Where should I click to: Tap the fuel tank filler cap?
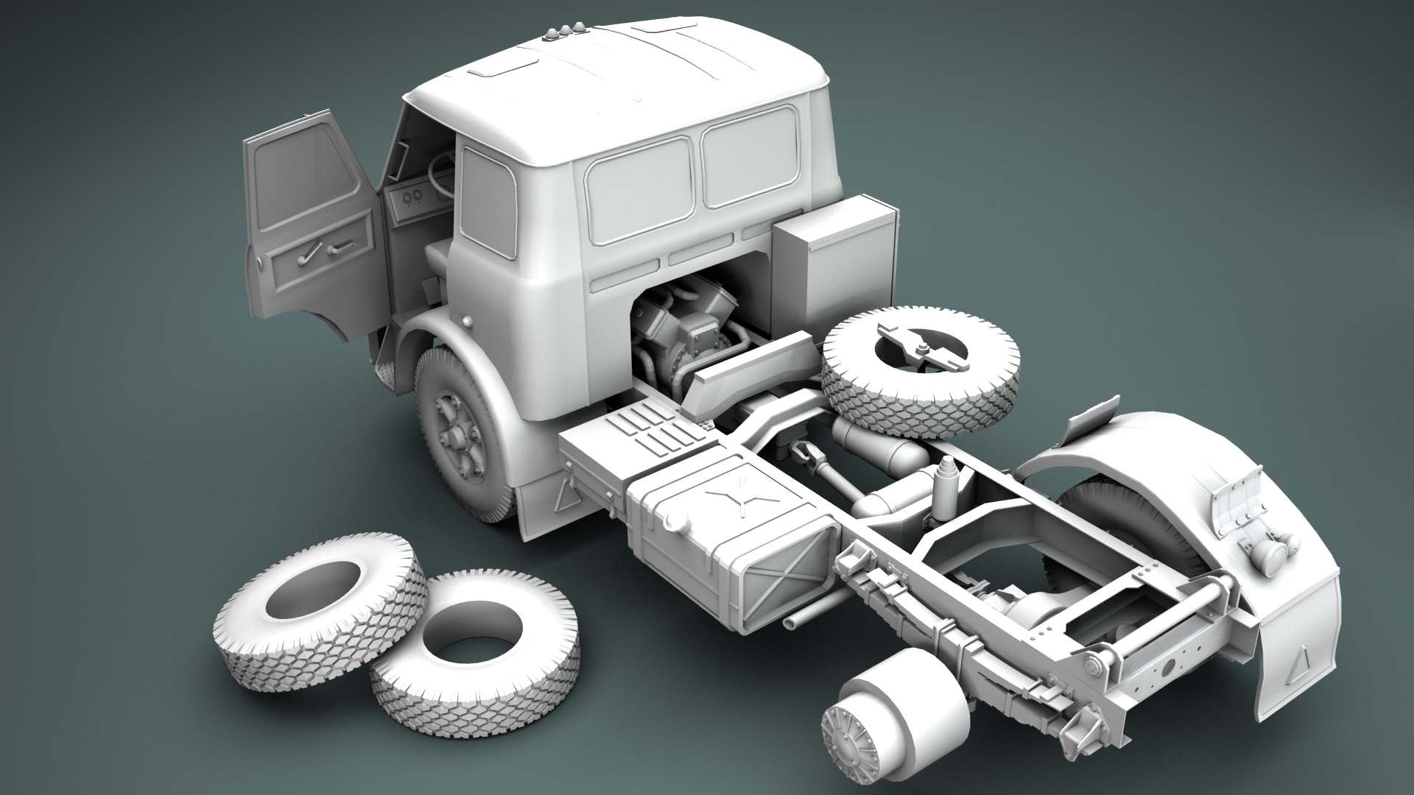[x=672, y=520]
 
